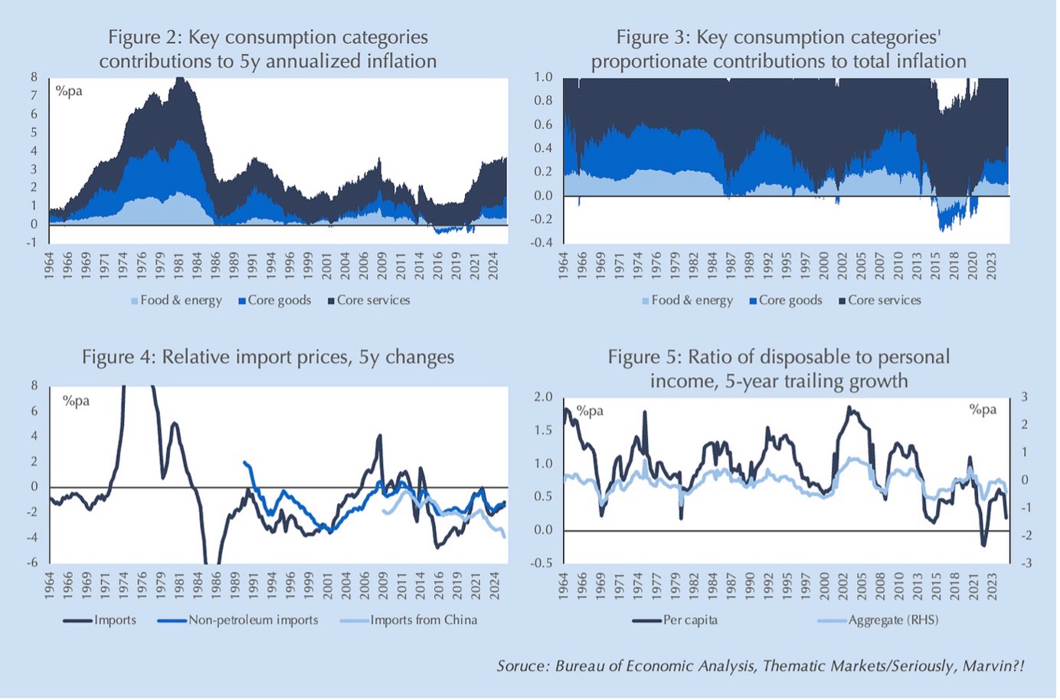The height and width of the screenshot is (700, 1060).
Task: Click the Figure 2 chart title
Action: pyautogui.click(x=267, y=49)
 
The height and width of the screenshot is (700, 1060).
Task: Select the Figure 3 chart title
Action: pyautogui.click(x=778, y=49)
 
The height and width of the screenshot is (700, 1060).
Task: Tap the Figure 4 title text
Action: pyautogui.click(x=267, y=357)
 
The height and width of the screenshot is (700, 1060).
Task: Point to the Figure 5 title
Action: pyautogui.click(x=778, y=369)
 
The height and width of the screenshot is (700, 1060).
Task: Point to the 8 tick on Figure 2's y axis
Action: pyautogui.click(x=34, y=77)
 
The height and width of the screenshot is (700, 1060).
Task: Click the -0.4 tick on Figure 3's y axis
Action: pyautogui.click(x=543, y=243)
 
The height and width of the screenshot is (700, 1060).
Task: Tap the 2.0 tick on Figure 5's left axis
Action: pyautogui.click(x=543, y=397)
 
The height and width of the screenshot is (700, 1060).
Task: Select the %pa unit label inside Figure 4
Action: pyautogui.click(x=76, y=401)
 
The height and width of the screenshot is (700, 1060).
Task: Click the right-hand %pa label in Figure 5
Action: pyautogui.click(x=983, y=410)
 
